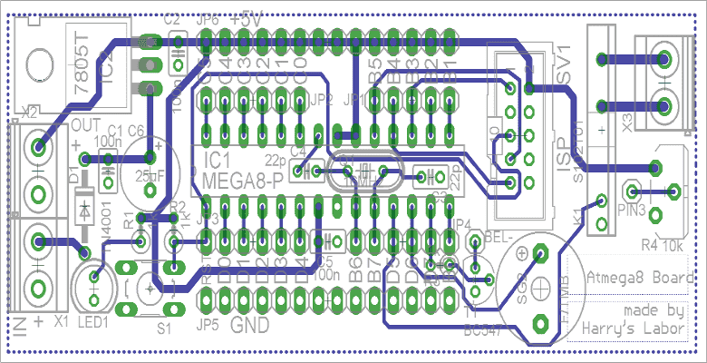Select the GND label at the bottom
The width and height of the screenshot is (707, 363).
pyautogui.click(x=250, y=325)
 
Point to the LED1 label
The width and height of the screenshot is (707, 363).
pyautogui.click(x=94, y=321)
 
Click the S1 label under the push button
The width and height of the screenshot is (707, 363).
pyautogui.click(x=163, y=327)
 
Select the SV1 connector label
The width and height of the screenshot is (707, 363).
pyautogui.click(x=566, y=64)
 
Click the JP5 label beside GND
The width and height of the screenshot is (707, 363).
pyautogui.click(x=208, y=325)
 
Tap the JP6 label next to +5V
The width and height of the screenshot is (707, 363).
pyautogui.click(x=208, y=19)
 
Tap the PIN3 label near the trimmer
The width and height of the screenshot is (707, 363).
pyautogui.click(x=631, y=211)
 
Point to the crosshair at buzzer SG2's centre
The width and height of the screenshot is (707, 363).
pyautogui.click(x=540, y=288)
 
